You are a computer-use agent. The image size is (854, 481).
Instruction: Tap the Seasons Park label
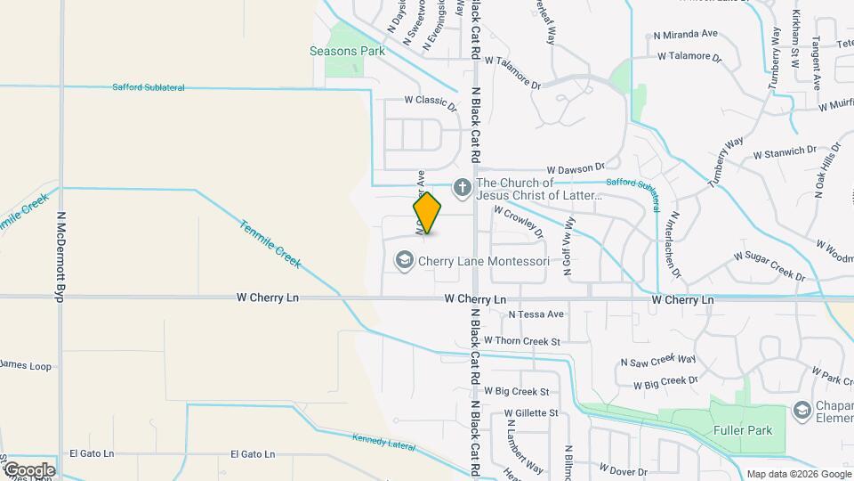347,51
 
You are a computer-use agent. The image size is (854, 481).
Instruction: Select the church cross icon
462,188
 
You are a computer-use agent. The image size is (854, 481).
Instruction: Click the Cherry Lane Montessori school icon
404,260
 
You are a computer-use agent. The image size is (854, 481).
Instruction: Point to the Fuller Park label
743,430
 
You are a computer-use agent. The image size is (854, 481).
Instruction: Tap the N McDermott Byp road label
61,257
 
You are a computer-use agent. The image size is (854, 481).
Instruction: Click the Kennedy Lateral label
385,439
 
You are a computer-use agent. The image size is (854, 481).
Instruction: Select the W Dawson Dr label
575,167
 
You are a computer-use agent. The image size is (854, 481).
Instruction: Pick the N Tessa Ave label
536,314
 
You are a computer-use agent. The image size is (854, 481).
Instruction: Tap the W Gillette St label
531,413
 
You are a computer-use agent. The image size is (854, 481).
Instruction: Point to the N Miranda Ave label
685,35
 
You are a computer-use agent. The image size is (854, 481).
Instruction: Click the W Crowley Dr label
517,222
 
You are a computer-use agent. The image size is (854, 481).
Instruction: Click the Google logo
28,469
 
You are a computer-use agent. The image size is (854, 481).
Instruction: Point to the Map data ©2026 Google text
797,474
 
